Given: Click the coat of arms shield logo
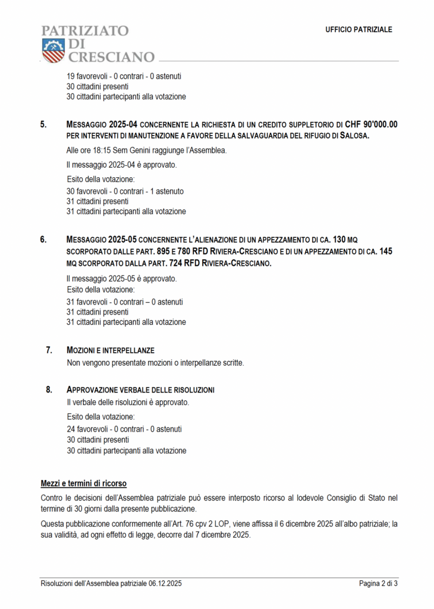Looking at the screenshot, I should (x=52, y=50).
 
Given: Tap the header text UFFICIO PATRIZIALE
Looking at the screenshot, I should (x=358, y=30).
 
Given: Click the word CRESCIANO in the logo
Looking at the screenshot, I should (x=111, y=58).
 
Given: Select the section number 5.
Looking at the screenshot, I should (x=43, y=125).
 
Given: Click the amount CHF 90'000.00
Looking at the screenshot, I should (x=371, y=125).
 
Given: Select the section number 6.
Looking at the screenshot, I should (x=43, y=240).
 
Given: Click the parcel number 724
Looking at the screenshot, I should (x=178, y=262).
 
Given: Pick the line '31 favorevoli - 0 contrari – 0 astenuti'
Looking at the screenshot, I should (x=125, y=302).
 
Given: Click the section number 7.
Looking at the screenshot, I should (x=49, y=350).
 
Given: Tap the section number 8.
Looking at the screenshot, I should (x=49, y=390).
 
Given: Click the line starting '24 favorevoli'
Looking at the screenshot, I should (x=124, y=429).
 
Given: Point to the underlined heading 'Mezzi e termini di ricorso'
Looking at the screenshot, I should (x=83, y=482).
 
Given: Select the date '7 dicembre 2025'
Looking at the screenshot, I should (x=221, y=534).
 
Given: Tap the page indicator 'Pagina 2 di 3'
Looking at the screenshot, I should (x=378, y=583).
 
